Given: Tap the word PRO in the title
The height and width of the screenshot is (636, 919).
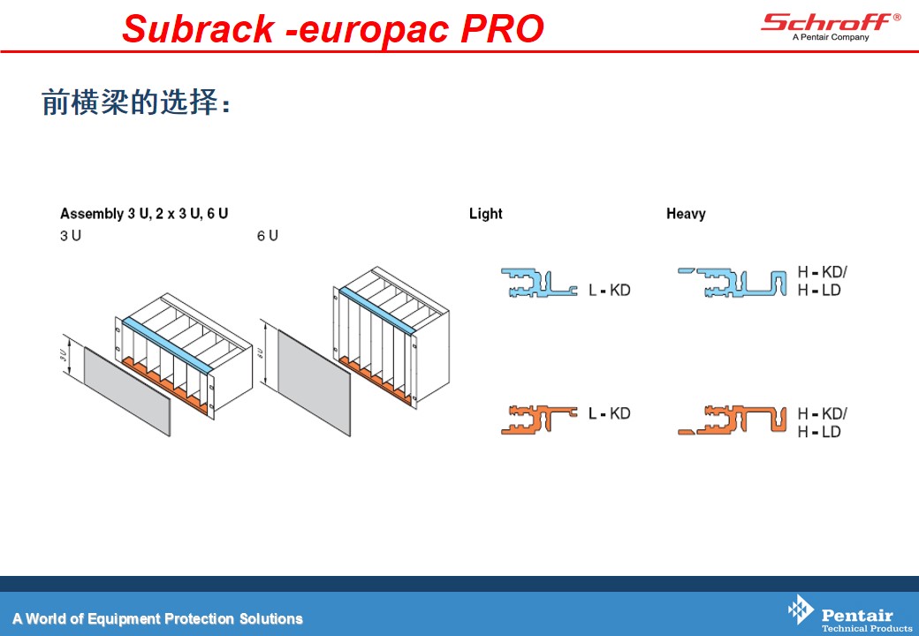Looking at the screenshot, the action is (x=502, y=28).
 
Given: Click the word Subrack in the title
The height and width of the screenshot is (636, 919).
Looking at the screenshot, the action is (x=198, y=28).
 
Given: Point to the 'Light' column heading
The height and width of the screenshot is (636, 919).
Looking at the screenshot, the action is (x=485, y=214).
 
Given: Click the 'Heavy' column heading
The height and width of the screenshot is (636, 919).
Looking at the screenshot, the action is (x=686, y=214).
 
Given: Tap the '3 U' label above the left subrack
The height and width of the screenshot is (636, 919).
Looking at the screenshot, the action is (x=71, y=236).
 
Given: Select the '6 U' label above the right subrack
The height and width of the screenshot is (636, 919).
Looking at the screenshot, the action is (x=267, y=236).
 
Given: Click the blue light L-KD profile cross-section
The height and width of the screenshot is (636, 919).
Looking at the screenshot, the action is (x=537, y=284).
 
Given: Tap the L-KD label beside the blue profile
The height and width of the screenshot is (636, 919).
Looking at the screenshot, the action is (x=609, y=290).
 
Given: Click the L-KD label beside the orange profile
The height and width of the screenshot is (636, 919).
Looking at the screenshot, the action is (x=609, y=413).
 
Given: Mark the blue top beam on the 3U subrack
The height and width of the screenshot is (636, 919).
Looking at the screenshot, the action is (x=167, y=345).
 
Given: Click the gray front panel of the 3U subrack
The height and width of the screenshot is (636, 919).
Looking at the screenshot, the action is (x=127, y=391).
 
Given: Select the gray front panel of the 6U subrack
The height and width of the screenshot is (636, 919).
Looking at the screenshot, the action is (x=314, y=382).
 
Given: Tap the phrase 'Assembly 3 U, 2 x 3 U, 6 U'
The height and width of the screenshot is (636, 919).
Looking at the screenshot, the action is (x=144, y=214).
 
